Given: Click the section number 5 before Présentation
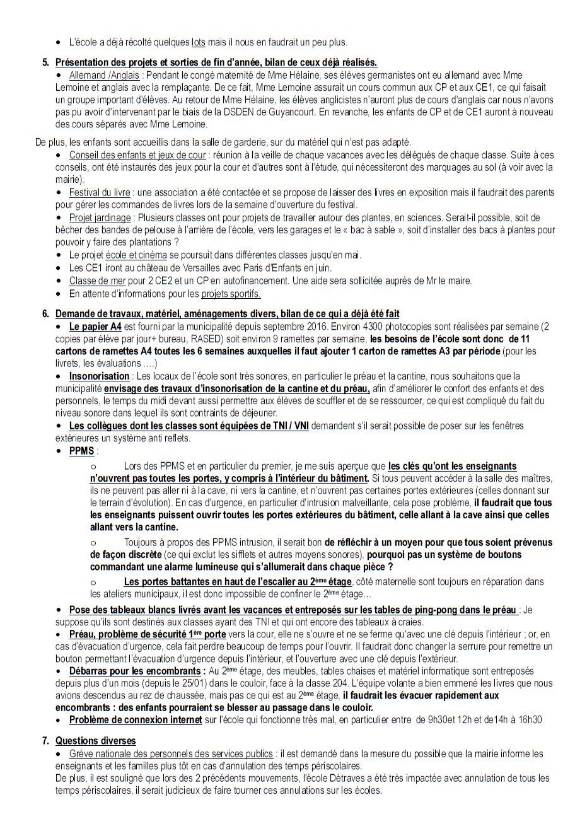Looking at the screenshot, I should tap(45, 62).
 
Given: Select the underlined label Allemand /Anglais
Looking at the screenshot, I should tap(104, 75).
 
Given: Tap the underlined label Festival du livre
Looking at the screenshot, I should tap(100, 192).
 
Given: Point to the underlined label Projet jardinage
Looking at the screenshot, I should tap(100, 218).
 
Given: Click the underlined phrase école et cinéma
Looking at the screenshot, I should tap(136, 255).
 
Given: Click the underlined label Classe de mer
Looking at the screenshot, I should tap(97, 281).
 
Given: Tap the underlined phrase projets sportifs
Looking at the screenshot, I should tap(231, 294).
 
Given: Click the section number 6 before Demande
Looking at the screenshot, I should tap(45, 314).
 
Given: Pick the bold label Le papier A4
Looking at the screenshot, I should tap(95, 327).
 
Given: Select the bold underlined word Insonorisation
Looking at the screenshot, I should tap(99, 376).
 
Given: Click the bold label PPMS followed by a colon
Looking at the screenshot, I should tap(81, 451).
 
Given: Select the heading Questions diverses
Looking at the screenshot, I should tap(95, 741).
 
